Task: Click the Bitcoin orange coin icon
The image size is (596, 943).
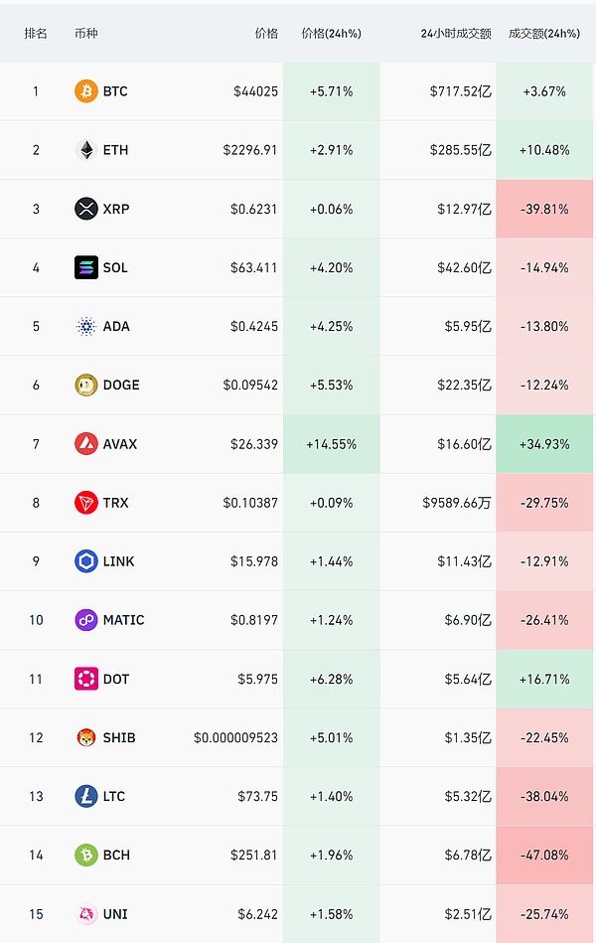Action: coord(86,91)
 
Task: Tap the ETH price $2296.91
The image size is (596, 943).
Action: coord(250,150)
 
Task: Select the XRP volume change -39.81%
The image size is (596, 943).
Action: coord(544,209)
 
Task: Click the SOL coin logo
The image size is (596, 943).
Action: coord(86,267)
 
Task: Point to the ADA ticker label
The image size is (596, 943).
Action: coord(116,326)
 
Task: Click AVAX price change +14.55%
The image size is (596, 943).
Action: coord(332,444)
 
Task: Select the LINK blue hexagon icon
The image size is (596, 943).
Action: coord(86,561)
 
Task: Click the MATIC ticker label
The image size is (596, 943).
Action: coord(124,620)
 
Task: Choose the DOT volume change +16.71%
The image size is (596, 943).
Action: coord(544,679)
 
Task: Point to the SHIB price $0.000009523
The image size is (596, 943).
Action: coord(236,737)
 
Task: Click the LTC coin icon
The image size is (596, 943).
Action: coord(86,796)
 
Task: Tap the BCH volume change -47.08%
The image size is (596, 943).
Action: coord(544,855)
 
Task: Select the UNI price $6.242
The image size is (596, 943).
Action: coord(258,914)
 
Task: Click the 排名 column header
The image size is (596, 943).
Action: coord(36,33)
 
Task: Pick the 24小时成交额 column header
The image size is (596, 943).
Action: coord(456,33)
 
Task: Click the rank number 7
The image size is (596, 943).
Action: coord(36,444)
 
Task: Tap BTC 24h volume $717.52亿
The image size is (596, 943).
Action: coord(461,91)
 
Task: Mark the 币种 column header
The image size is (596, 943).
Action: coord(86,33)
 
